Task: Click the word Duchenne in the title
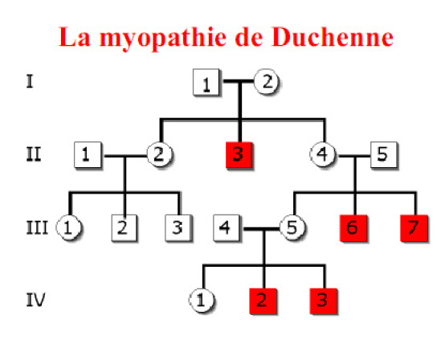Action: pyautogui.click(x=333, y=37)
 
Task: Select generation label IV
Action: pyautogui.click(x=35, y=300)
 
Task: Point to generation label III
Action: pyautogui.click(x=37, y=227)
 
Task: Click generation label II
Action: pyautogui.click(x=34, y=154)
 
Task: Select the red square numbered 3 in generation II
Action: pyautogui.click(x=239, y=155)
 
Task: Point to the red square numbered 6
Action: pyautogui.click(x=353, y=228)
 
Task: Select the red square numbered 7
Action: pyautogui.click(x=414, y=228)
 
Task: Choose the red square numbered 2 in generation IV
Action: pyautogui.click(x=263, y=301)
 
